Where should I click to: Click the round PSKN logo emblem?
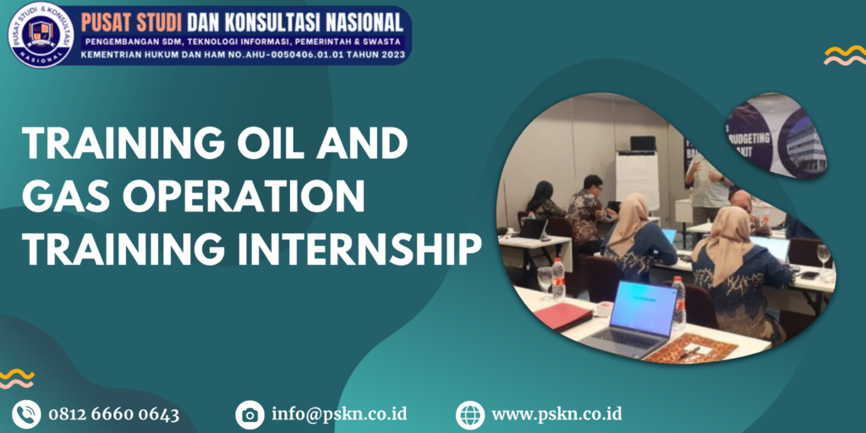click(x=41, y=35)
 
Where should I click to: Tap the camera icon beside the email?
click(x=249, y=414)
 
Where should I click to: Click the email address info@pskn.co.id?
click(x=339, y=414)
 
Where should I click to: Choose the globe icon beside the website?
click(x=470, y=414)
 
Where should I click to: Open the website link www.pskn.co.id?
click(x=556, y=414)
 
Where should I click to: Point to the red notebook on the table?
click(x=562, y=316)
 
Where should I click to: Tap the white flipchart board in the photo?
click(x=637, y=179)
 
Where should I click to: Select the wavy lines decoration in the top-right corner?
click(x=844, y=56)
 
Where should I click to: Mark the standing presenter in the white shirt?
click(x=709, y=183)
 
